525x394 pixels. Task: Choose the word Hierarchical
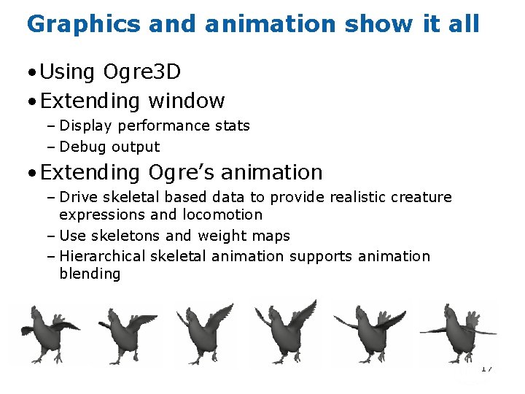[103, 256]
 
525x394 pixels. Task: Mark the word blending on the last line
[90, 274]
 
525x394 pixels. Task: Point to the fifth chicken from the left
[364, 332]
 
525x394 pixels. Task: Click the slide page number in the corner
[486, 368]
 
